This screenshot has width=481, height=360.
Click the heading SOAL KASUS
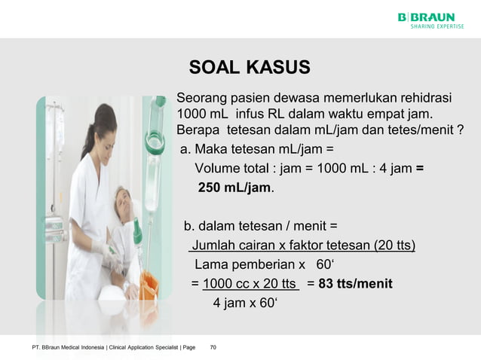click(x=249, y=68)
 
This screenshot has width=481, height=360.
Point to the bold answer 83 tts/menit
click(x=354, y=284)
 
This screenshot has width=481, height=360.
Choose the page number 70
click(x=213, y=347)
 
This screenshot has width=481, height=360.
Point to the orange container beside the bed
click(x=149, y=285)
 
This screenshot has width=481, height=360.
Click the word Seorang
click(x=199, y=99)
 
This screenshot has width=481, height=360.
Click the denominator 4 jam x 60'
click(x=246, y=304)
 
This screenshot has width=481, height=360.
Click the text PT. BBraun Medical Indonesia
click(x=66, y=347)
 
